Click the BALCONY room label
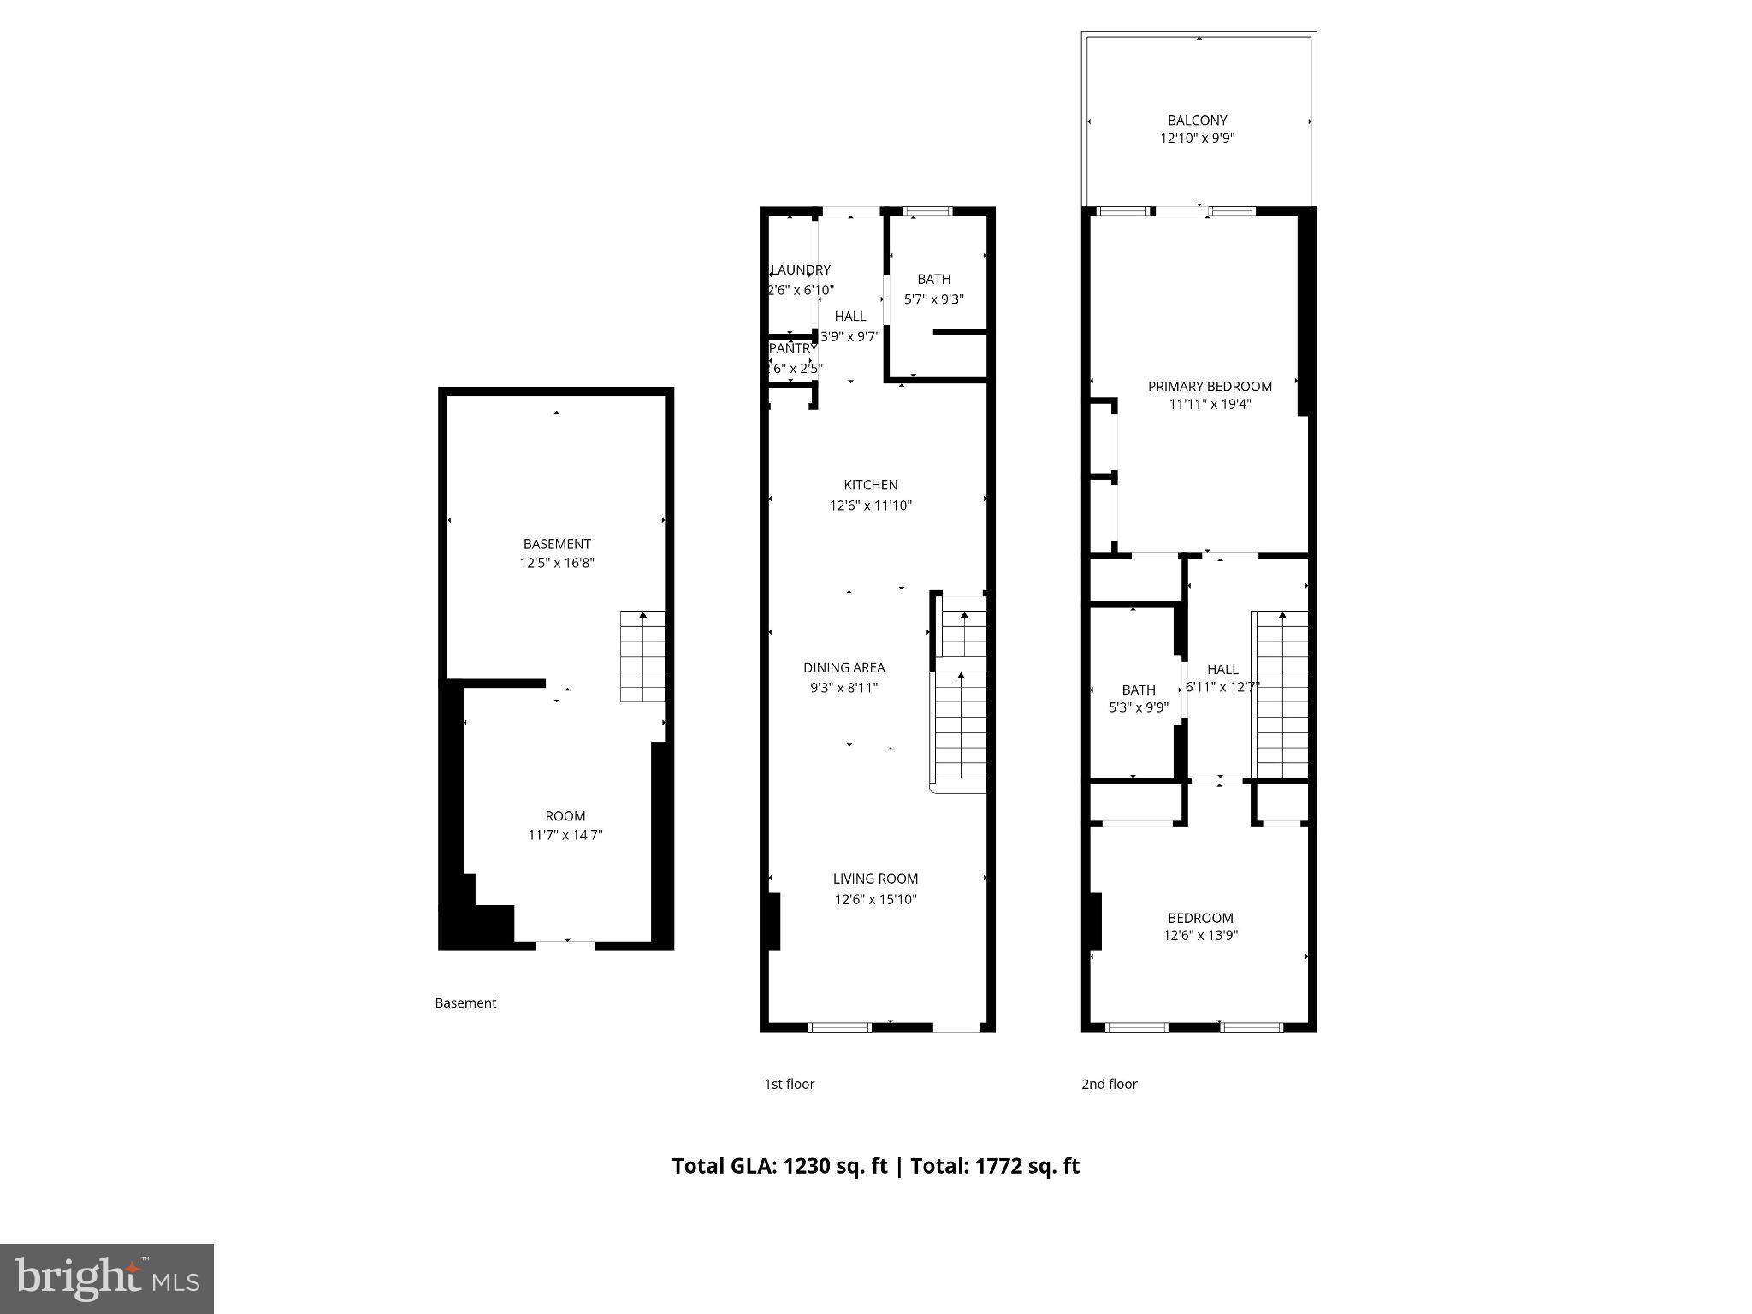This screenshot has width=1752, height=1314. click(1197, 121)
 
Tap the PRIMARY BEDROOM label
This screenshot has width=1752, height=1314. click(1209, 387)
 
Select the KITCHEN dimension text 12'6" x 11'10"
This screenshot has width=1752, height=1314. click(870, 506)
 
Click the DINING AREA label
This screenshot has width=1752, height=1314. click(843, 668)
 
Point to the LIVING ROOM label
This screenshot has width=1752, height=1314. click(875, 879)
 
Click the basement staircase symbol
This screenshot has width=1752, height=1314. click(642, 656)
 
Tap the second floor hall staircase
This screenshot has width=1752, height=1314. click(1281, 693)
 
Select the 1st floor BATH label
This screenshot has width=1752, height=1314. click(933, 279)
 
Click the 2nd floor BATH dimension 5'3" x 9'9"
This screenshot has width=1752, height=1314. click(1138, 707)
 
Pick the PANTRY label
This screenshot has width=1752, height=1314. click(793, 349)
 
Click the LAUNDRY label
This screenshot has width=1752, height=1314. click(801, 270)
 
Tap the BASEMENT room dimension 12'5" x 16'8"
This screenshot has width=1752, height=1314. click(557, 563)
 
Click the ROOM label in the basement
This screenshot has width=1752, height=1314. click(565, 816)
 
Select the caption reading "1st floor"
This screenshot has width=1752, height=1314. click(789, 1084)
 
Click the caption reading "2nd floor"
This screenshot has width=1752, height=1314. click(1109, 1084)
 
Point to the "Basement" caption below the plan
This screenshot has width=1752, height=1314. click(465, 1003)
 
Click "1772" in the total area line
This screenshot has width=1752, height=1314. click(997, 1166)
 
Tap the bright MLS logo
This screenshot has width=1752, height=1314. click(107, 1278)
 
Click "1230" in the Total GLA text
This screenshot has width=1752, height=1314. click(807, 1166)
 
